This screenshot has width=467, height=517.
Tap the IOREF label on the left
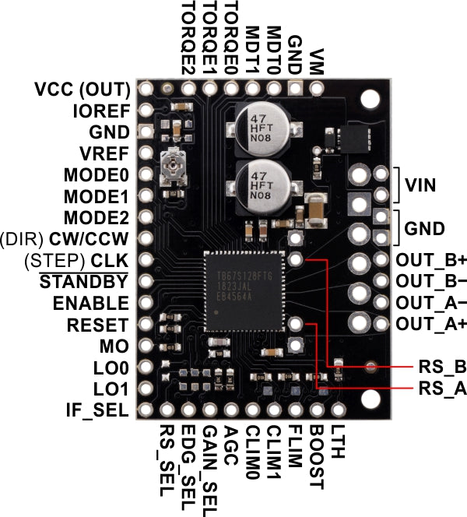tap(100, 111)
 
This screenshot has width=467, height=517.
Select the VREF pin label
tap(105, 153)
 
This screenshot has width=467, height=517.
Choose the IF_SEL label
tap(97, 408)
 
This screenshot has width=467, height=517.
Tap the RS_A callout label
tap(438, 389)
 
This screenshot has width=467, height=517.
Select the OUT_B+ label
tap(430, 260)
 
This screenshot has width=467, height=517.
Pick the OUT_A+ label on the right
tap(430, 322)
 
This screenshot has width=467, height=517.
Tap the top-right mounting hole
tap(370, 97)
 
